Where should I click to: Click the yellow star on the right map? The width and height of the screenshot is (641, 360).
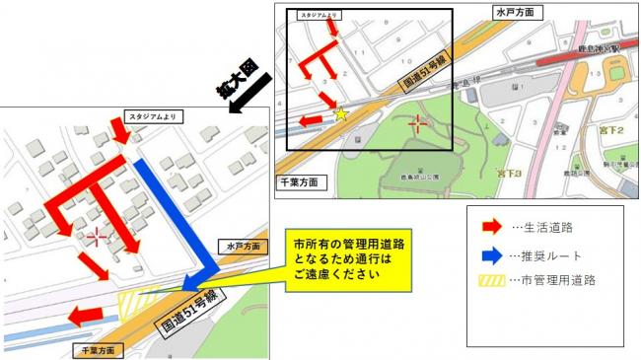click(x=341, y=114)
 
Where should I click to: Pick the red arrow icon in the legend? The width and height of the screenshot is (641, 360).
click(x=488, y=227)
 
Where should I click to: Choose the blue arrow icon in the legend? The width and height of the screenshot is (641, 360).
click(x=488, y=253)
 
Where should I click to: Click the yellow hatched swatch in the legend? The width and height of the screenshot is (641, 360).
click(x=489, y=280)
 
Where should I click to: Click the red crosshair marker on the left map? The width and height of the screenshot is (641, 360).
click(x=97, y=237)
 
